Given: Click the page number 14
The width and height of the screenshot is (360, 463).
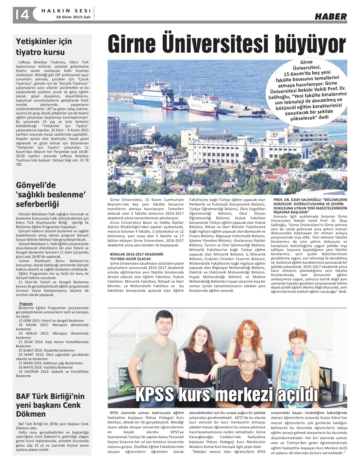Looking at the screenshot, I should [x=22, y=14].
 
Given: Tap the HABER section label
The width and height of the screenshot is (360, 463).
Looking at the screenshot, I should [x=331, y=16].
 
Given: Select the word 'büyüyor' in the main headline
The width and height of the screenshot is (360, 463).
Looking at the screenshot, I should [x=310, y=44].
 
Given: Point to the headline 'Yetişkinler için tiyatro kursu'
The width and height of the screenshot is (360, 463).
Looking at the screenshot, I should [x=44, y=47].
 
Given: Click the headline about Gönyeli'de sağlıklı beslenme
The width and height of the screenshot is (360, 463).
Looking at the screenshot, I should [x=51, y=195].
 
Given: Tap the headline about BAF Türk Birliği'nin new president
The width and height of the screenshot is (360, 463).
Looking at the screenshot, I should [x=50, y=405].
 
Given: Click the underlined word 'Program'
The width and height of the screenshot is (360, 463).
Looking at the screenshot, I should [x=26, y=304].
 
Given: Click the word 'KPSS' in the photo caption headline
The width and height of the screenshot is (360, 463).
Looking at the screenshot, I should [x=154, y=395].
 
